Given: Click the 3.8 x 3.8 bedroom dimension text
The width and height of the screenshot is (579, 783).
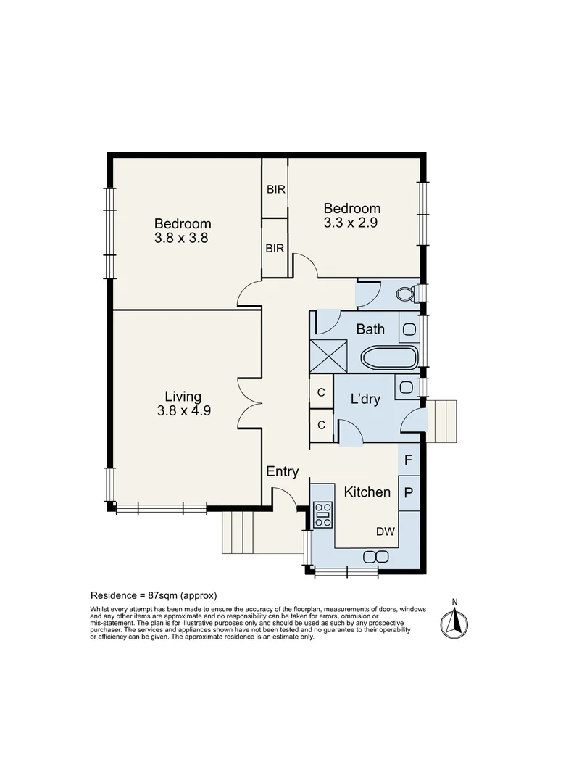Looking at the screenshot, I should click(x=182, y=237).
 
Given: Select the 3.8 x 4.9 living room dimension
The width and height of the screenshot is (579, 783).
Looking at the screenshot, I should click(x=183, y=410).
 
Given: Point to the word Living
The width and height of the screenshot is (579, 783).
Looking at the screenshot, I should click(x=183, y=396).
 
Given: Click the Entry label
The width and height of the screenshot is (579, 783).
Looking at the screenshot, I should click(x=282, y=471).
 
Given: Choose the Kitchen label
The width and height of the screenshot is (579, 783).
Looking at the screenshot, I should click(x=367, y=492).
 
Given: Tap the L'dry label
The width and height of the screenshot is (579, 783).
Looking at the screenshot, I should click(x=365, y=399).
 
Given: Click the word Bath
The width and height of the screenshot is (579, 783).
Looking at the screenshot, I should click(x=370, y=329).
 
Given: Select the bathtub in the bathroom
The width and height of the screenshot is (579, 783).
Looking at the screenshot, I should click(x=389, y=358).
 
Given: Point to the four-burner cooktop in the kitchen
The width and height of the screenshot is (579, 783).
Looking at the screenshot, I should click(x=322, y=513).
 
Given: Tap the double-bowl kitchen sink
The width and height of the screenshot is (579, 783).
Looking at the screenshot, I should click(x=375, y=556).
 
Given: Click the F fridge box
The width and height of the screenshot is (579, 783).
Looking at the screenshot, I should click(x=409, y=460).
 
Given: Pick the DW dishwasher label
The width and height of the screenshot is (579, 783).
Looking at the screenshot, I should click(x=385, y=531).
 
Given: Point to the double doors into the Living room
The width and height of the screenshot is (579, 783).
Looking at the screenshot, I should click(x=250, y=401).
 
